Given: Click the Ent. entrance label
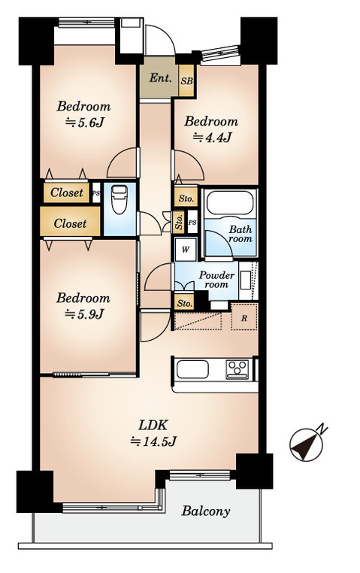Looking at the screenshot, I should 159,78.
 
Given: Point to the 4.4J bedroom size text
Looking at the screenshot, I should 211,137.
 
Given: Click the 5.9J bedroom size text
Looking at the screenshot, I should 83,314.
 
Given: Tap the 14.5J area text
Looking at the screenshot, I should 153,441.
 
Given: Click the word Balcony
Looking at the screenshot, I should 205,511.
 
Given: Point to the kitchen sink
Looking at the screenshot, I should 192,371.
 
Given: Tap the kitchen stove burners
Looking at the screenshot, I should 238,368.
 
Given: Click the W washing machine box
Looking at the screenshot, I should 184,249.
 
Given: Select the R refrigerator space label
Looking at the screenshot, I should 244,317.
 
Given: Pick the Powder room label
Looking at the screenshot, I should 216,280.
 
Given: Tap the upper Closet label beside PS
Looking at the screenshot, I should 67,193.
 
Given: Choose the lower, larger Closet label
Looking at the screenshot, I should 70,223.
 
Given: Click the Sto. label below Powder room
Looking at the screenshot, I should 184,302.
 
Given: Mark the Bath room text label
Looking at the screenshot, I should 241,235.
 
